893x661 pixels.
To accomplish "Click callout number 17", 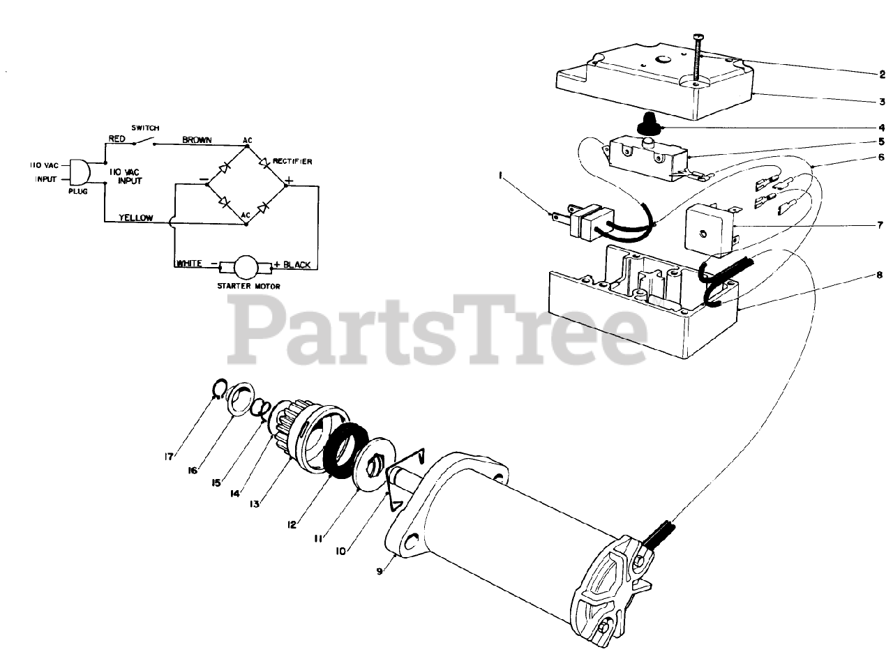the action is point(168,457).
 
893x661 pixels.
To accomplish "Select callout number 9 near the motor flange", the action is point(380,571).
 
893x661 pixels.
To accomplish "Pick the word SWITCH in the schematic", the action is point(146,128).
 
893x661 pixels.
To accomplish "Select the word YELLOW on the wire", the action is point(136,218).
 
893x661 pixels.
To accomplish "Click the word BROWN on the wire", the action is point(197,139).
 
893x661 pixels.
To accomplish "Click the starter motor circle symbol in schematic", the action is point(245,266).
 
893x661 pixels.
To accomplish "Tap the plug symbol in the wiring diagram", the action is point(77,172).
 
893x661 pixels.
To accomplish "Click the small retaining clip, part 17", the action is point(218,388).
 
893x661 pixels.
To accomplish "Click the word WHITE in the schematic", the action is point(189,264).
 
